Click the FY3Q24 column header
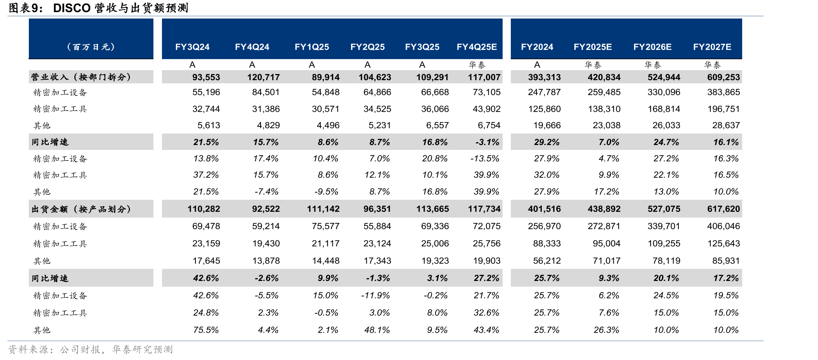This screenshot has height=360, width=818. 192,47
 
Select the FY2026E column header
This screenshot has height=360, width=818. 652,47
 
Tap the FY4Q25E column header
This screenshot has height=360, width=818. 477,47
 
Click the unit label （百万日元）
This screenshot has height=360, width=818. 91,47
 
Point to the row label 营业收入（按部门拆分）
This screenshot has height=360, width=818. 81,77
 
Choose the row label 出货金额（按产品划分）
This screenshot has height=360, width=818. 81,209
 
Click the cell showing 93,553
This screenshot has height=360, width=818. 206,77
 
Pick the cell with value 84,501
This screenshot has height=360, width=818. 266,92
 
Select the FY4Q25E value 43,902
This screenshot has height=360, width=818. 487,109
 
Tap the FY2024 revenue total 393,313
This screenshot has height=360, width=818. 544,77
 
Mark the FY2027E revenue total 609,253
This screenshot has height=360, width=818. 724,77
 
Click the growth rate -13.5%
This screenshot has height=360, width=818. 485,158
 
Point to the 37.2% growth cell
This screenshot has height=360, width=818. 206,175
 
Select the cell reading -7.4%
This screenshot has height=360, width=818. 267,192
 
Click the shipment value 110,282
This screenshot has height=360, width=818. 204,209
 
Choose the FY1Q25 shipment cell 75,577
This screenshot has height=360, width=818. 326,226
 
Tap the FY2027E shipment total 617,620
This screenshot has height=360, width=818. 724,209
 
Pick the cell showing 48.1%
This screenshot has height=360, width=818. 377,330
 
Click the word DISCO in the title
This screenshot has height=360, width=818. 72,8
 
